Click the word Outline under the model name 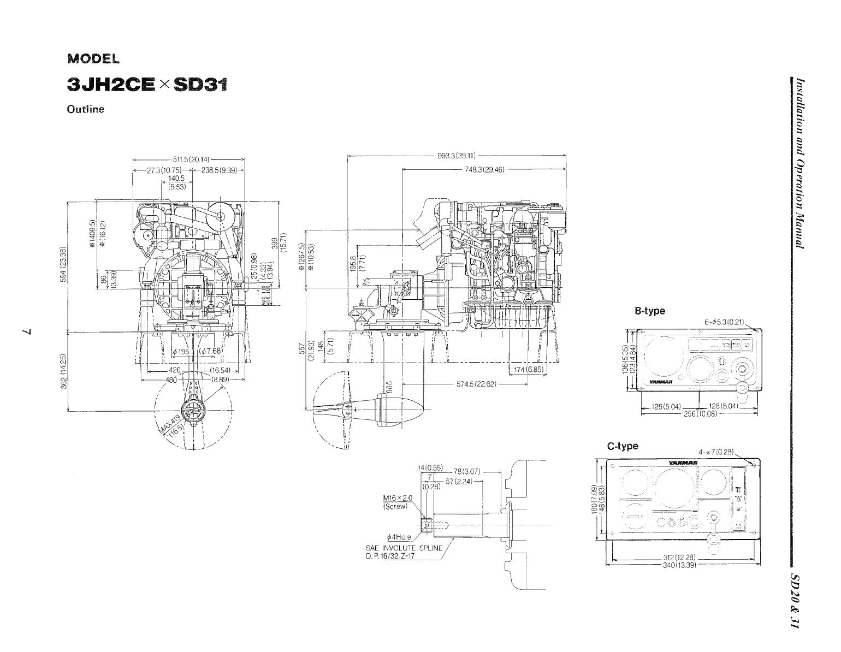coord(85,109)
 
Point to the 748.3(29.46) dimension coord(483,169)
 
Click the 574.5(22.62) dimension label coord(476,384)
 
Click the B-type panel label coord(649,311)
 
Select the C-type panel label coord(623,446)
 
